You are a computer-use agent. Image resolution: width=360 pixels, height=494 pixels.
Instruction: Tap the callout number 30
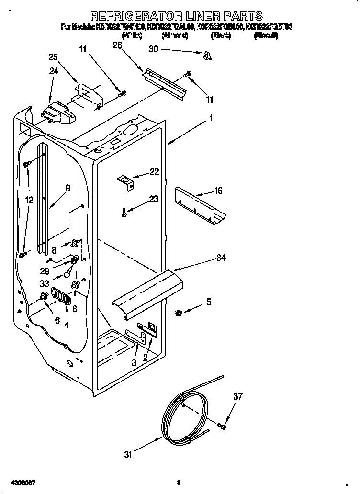coord(153,49)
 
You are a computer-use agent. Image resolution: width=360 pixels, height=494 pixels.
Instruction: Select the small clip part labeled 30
coord(207,56)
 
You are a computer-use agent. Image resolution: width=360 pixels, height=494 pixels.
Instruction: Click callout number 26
coord(117,45)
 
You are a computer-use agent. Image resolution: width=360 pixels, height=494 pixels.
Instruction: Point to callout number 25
coord(53,57)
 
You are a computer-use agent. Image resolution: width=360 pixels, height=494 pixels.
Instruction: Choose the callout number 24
coord(53,72)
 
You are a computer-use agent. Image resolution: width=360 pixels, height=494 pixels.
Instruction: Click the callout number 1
coord(210,118)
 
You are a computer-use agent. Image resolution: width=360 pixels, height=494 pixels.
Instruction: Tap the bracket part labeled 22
coord(127,180)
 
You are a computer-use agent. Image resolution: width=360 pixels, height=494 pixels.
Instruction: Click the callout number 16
coord(218,191)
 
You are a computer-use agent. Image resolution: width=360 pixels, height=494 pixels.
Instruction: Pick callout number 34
coord(221,258)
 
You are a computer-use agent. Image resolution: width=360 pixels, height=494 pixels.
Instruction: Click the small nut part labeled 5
coord(178,313)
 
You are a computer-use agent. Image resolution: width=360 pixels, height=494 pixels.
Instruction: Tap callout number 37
coord(237,396)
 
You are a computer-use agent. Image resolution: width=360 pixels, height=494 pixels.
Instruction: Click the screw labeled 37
coord(222,426)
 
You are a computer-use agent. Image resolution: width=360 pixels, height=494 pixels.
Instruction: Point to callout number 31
coord(128,455)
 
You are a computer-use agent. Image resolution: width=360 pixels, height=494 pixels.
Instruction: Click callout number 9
coord(67,189)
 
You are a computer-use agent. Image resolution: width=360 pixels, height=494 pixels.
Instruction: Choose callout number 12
coord(30,200)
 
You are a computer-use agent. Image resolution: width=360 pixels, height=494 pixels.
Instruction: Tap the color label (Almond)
coord(176,35)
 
